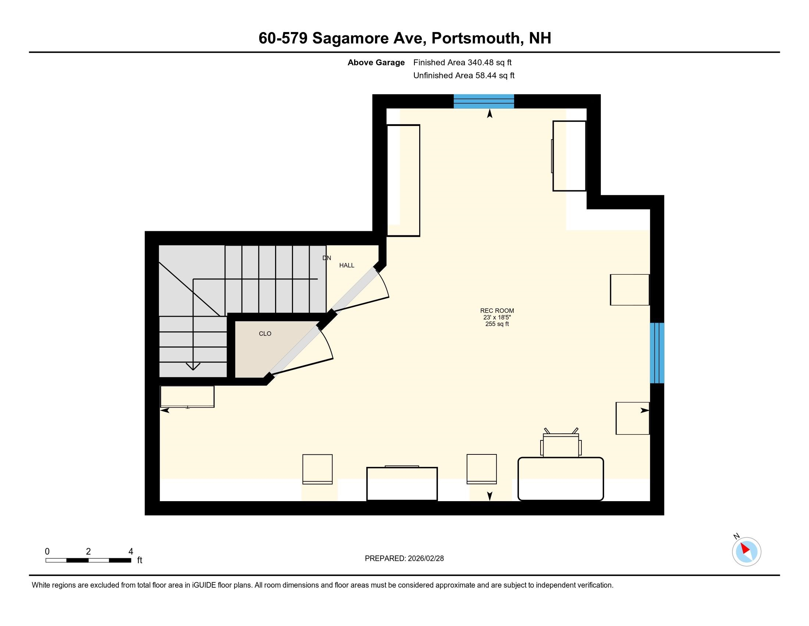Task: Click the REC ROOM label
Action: click(497, 311)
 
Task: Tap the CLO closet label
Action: click(265, 334)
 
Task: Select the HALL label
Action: click(347, 265)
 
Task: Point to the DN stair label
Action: click(326, 258)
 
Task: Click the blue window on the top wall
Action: click(484, 101)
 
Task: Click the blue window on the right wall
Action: click(657, 353)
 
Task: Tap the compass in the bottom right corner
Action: click(746, 552)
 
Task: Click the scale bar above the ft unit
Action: click(88, 560)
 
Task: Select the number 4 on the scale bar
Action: click(131, 552)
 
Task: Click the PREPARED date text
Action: click(404, 559)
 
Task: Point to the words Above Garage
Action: click(376, 63)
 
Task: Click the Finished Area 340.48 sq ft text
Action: click(462, 63)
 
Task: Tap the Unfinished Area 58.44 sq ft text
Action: click(464, 75)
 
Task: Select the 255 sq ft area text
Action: click(497, 324)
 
